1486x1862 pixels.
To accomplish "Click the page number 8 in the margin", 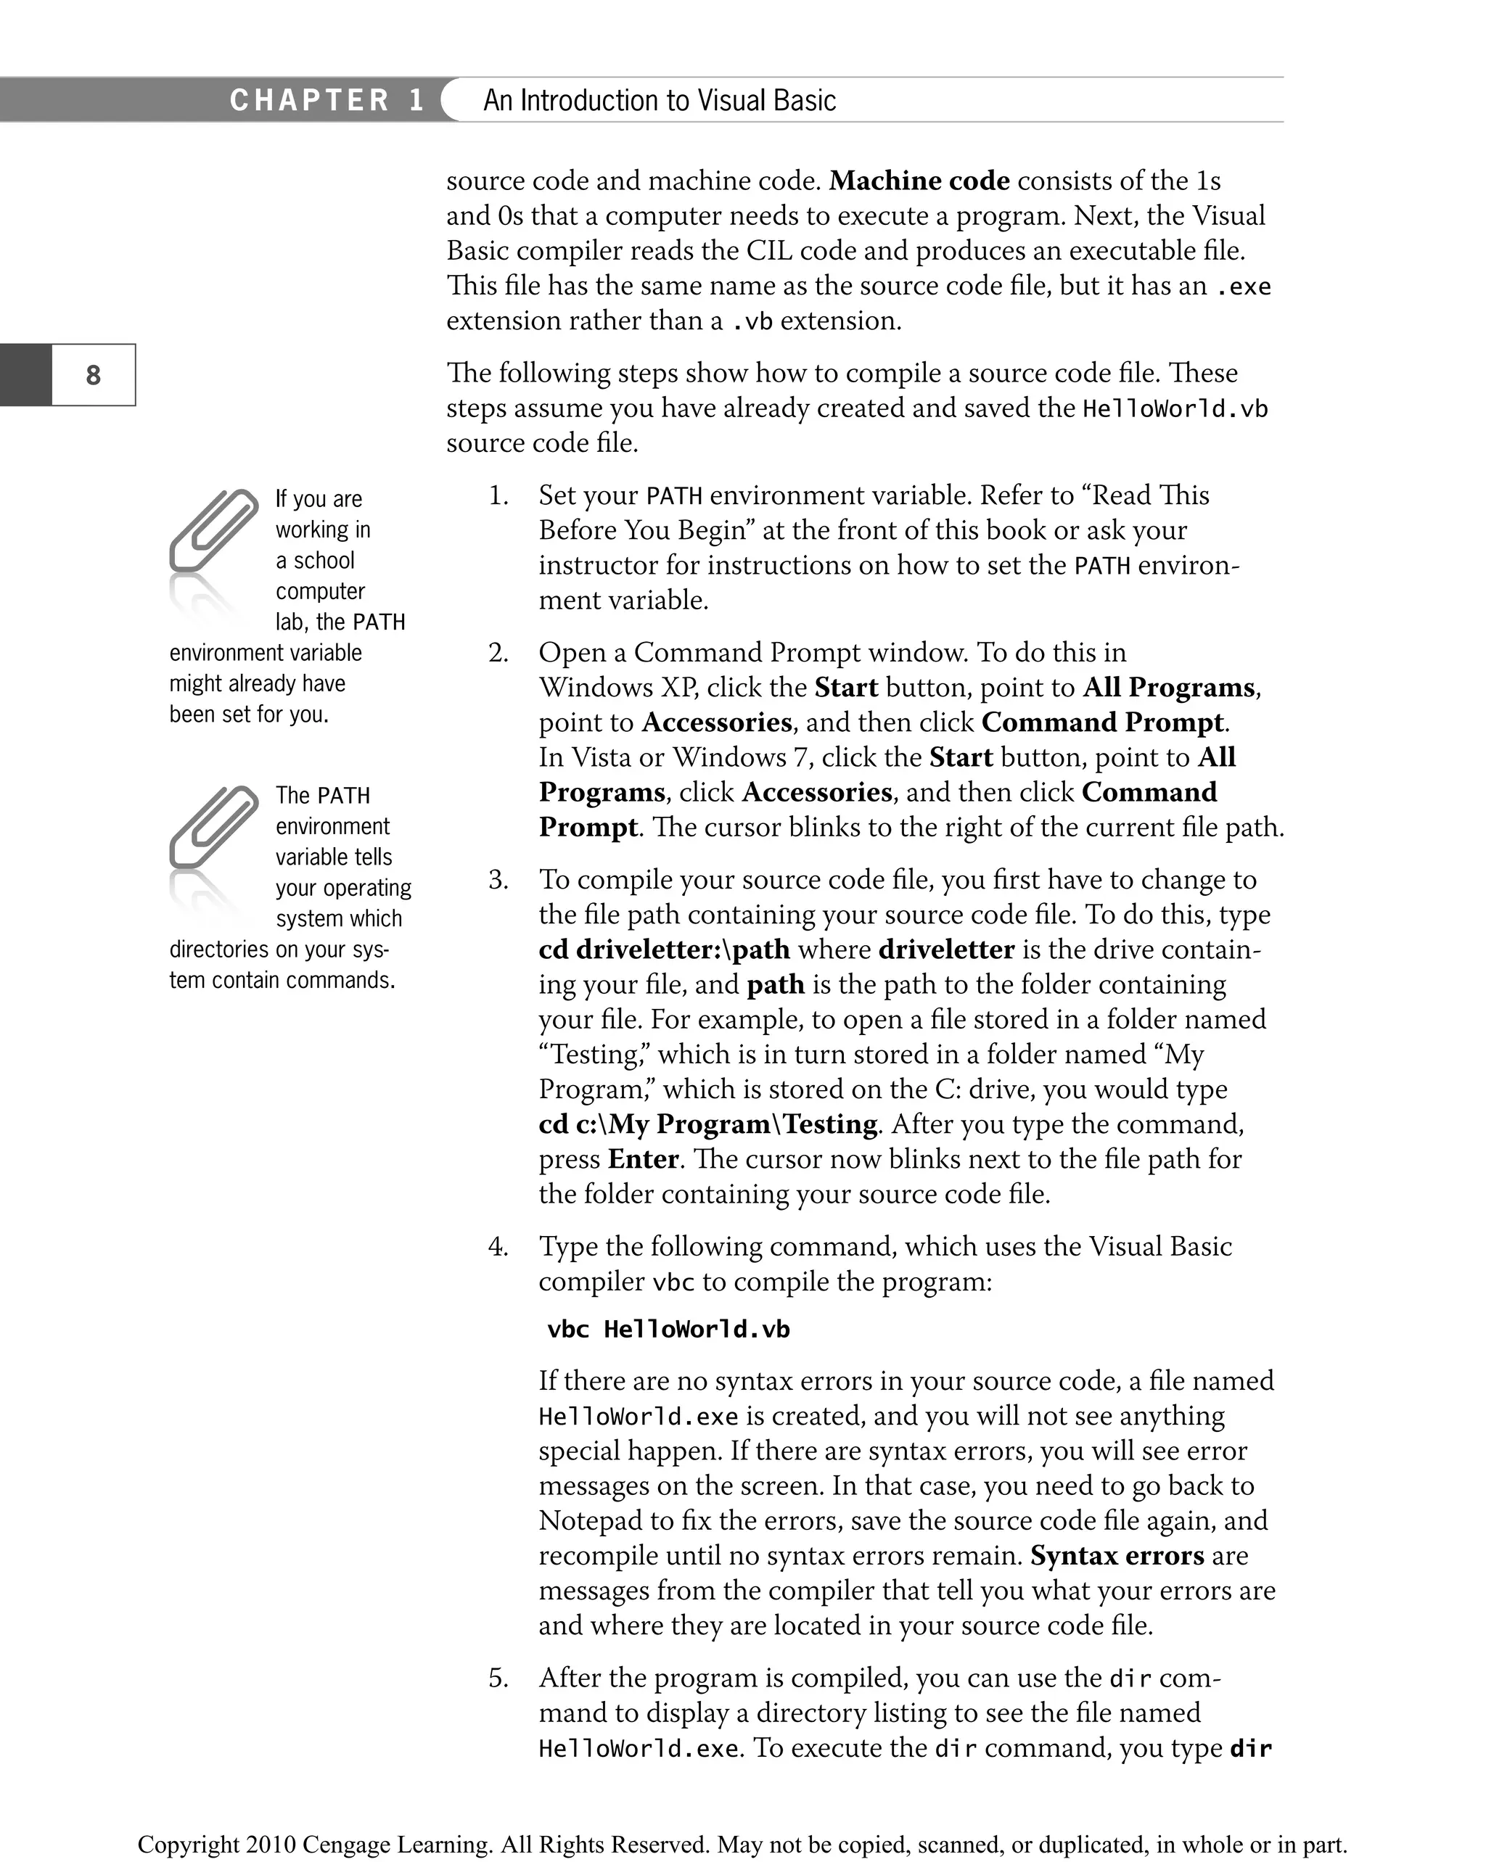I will click(94, 375).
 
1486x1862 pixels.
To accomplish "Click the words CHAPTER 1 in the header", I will click(327, 100).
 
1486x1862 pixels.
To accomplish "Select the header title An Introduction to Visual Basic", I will click(660, 100).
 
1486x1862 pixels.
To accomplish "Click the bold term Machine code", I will click(919, 181).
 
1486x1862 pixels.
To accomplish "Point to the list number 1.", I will click(498, 495).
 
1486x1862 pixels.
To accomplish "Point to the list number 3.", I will click(498, 880).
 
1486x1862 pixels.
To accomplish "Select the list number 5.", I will click(498, 1678).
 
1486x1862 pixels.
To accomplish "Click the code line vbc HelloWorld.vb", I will click(668, 1329).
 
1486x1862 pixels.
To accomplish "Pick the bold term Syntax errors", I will click(1117, 1555).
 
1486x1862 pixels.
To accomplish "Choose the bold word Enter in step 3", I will click(643, 1159).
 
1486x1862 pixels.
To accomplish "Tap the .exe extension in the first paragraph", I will click(1242, 287).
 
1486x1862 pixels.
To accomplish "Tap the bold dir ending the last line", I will click(1250, 1749).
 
